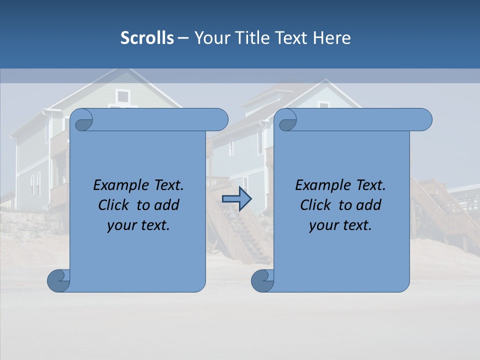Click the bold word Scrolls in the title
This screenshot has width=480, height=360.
pyautogui.click(x=147, y=38)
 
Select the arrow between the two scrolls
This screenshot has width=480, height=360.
pyautogui.click(x=236, y=199)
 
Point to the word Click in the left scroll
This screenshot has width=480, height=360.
pyautogui.click(x=113, y=205)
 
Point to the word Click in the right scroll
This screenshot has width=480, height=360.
pyautogui.click(x=315, y=205)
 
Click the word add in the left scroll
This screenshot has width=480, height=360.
pyautogui.click(x=166, y=205)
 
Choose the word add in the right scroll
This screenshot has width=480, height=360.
pyautogui.click(x=368, y=205)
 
